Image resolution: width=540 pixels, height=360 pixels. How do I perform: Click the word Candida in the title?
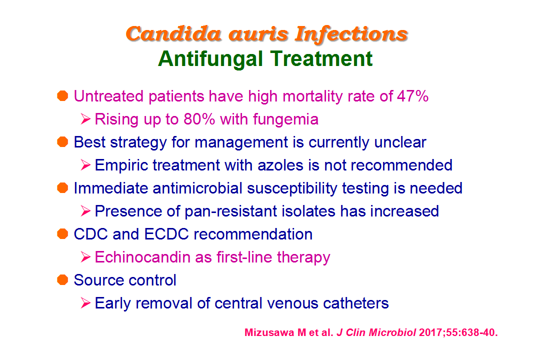tap(173, 34)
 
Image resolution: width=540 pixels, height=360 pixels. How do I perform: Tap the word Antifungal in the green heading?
tap(210, 58)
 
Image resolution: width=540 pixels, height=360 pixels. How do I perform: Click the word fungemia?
tap(285, 120)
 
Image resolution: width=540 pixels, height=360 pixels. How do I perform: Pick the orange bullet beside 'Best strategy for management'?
tap(62, 142)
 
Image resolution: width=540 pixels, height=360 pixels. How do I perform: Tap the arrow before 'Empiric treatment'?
tap(85, 165)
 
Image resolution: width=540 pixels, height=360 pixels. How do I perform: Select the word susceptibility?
tap(292, 189)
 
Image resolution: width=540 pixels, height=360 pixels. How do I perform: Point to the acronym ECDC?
tap(166, 234)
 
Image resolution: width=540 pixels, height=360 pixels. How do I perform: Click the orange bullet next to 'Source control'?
tap(62, 279)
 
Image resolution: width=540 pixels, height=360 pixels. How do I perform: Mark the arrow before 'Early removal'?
tap(85, 303)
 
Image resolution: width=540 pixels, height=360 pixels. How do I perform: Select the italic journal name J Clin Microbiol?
tap(376, 332)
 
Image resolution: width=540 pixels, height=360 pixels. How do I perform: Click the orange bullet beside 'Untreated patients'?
tap(62, 96)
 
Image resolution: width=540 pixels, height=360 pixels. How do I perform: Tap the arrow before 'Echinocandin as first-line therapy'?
tap(85, 257)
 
